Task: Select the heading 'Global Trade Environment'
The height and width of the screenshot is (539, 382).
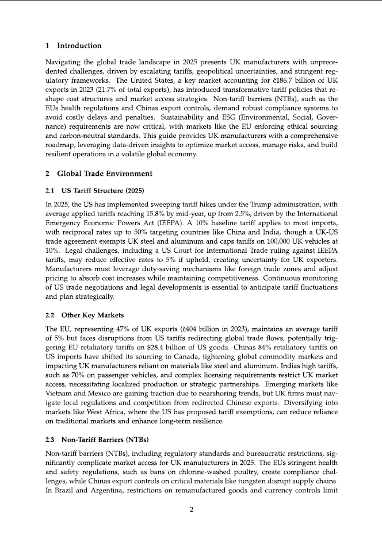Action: (x=105, y=173)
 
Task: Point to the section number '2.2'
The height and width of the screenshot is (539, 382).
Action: (x=51, y=315)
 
